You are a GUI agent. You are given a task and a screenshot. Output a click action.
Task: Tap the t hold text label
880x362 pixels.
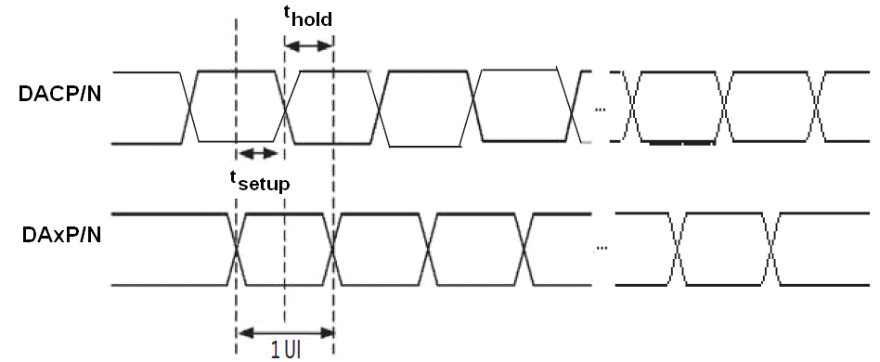click(306, 17)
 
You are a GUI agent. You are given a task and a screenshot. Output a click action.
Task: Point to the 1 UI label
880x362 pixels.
click(284, 351)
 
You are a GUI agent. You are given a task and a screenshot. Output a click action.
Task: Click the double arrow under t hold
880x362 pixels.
click(308, 45)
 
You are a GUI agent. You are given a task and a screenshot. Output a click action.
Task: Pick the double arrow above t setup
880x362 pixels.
click(257, 153)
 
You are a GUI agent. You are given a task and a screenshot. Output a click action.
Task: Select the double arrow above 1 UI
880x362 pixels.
click(285, 331)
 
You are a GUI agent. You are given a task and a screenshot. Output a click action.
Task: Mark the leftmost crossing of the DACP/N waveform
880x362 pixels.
click(189, 108)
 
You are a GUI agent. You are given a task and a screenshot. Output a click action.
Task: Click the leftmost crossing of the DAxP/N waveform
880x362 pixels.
click(237, 249)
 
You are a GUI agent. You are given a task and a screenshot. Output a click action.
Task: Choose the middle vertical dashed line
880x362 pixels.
click(285, 186)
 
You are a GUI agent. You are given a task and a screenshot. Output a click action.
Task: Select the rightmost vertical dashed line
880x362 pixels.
click(333, 186)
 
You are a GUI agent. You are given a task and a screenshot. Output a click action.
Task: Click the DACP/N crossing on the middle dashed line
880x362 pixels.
click(285, 108)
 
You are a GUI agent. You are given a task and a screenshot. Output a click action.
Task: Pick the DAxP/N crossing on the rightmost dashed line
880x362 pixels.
click(333, 249)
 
